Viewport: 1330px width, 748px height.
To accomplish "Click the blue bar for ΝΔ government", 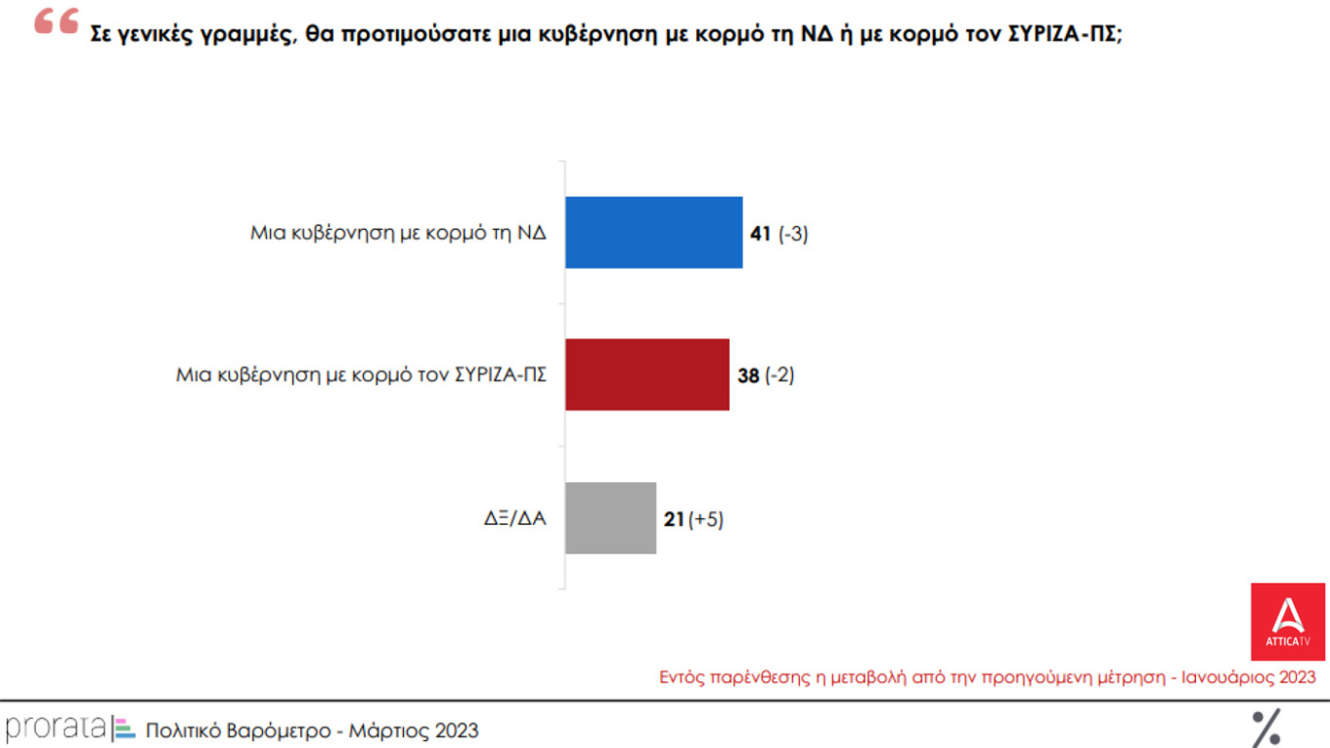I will point(653,233).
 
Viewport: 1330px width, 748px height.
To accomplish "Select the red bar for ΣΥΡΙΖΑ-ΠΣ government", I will point(646,374).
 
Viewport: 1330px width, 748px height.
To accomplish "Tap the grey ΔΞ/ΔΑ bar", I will point(610,518).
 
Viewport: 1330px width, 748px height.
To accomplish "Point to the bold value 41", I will point(761,235).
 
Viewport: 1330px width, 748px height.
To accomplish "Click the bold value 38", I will point(748,375).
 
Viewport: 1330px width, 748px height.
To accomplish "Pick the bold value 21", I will point(674,520).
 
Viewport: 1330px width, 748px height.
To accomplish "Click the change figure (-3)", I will point(793,235).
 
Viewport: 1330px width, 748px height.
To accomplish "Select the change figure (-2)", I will point(779,375).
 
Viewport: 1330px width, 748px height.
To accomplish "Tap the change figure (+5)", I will point(706,520).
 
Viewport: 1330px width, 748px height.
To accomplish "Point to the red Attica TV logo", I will point(1288,621).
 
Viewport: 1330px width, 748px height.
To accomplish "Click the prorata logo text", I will point(55,728).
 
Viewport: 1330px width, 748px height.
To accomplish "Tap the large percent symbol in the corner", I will point(1266,728).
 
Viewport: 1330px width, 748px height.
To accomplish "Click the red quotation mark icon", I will point(56,22).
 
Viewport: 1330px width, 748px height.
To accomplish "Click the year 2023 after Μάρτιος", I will point(458,730).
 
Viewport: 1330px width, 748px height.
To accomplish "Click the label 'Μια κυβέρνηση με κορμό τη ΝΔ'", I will point(398,235).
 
